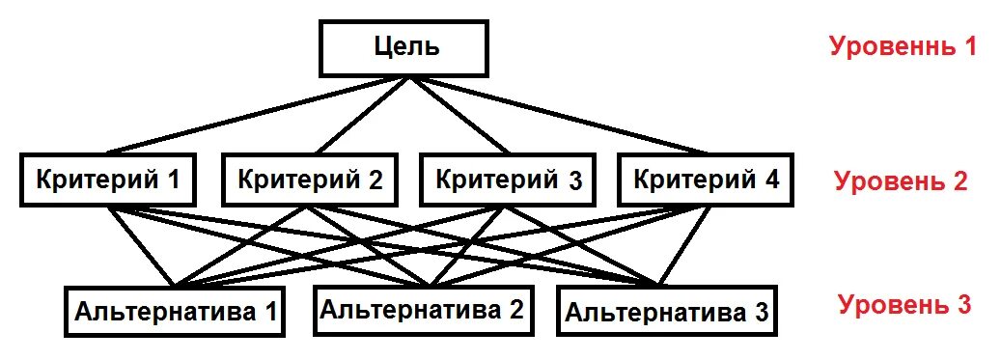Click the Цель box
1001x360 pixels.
[x=404, y=48]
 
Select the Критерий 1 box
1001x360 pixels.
[x=109, y=180]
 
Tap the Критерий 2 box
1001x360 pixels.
[x=309, y=180]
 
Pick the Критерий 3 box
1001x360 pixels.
[x=507, y=180]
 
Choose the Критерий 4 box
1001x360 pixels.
[x=705, y=180]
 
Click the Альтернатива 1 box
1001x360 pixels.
[x=175, y=311]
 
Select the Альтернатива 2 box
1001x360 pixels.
[x=424, y=310]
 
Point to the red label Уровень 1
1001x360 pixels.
[x=903, y=46]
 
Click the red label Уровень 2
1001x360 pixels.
[x=900, y=180]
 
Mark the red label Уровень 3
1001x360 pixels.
[x=904, y=306]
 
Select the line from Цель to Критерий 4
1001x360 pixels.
[x=560, y=116]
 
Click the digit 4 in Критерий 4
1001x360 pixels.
[x=773, y=180]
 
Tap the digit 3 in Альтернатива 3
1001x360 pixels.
[x=762, y=313]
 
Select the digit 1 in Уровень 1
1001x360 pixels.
[x=969, y=46]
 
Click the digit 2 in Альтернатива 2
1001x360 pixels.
[x=516, y=310]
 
